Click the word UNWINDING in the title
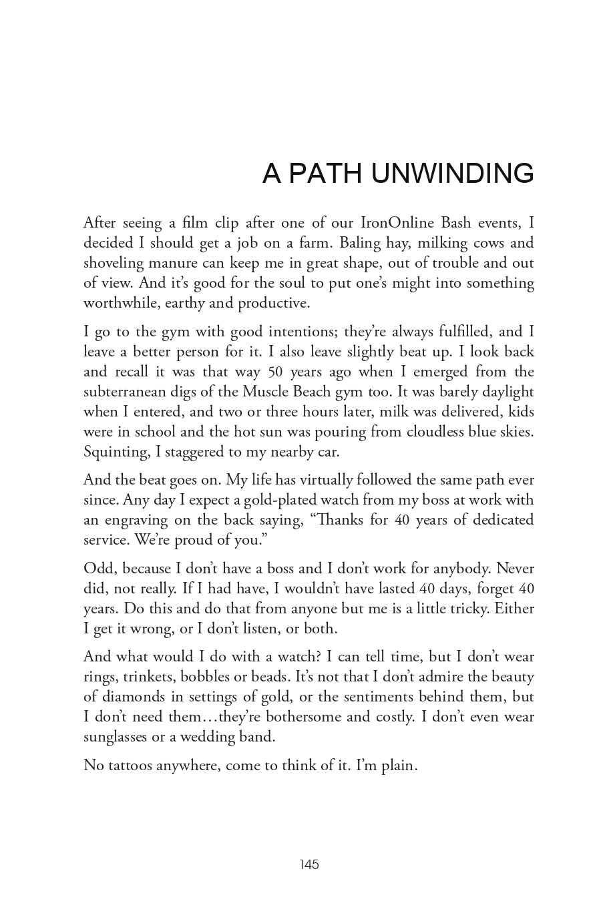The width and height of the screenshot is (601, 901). pyautogui.click(x=452, y=174)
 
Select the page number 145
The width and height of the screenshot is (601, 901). pyautogui.click(x=309, y=864)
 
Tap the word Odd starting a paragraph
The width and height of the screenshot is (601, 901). pyautogui.click(x=97, y=568)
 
